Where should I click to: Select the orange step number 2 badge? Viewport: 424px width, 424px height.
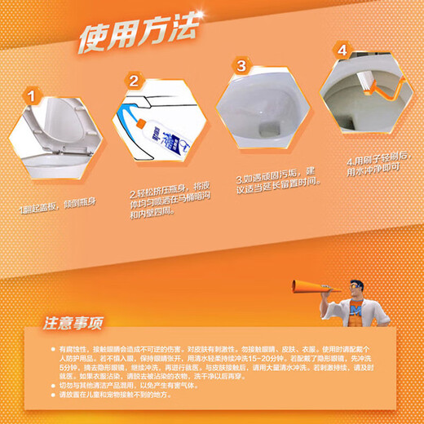pyautogui.click(x=133, y=82)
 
